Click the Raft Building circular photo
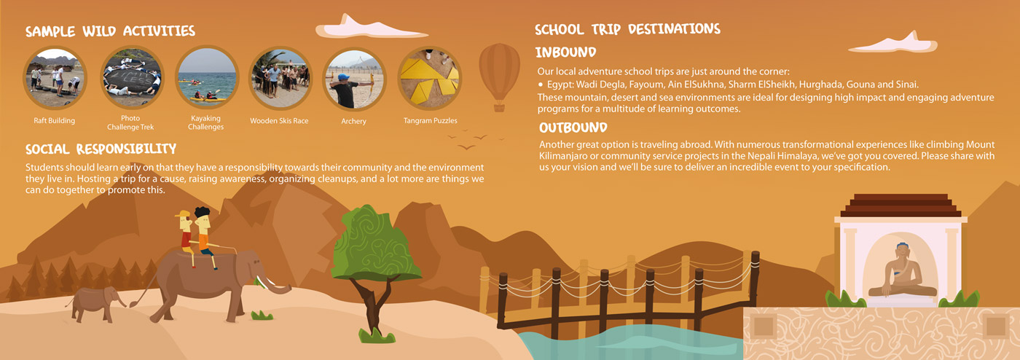pyautogui.click(x=54, y=78)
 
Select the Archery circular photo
pyautogui.click(x=353, y=78)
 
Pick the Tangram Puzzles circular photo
pyautogui.click(x=430, y=78)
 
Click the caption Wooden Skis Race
pyautogui.click(x=279, y=121)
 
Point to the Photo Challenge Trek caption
pyautogui.click(x=130, y=122)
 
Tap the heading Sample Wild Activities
pyautogui.click(x=110, y=31)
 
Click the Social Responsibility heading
pyautogui.click(x=101, y=149)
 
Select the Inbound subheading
pyautogui.click(x=566, y=52)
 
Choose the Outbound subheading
pyautogui.click(x=573, y=128)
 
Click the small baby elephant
pyautogui.click(x=95, y=301)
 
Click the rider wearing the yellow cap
pyautogui.click(x=185, y=232)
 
